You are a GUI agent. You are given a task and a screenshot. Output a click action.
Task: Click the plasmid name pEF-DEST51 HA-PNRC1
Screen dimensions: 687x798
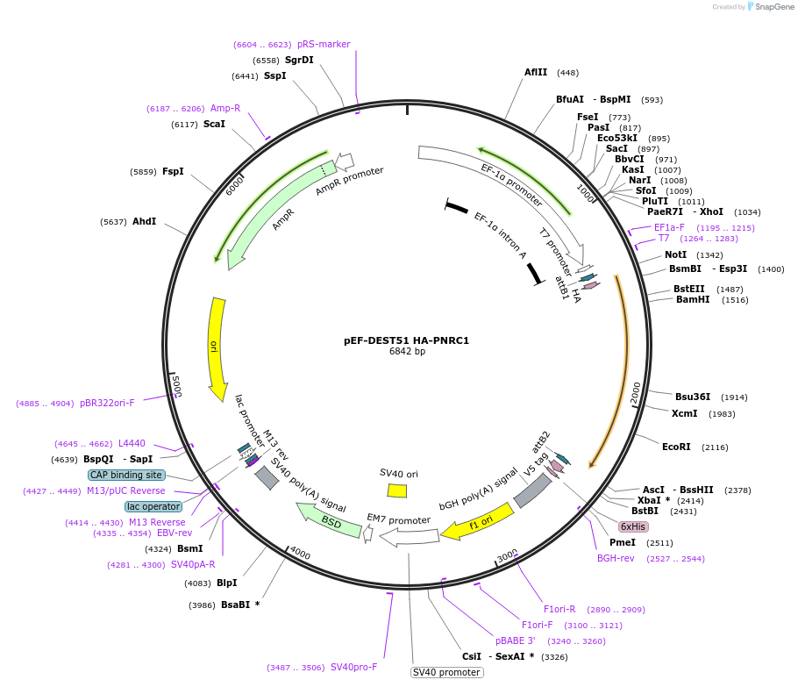pos(407,340)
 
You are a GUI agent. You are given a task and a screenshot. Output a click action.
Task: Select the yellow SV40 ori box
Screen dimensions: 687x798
pos(396,490)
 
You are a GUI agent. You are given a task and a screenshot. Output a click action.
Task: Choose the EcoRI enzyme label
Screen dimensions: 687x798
pos(676,447)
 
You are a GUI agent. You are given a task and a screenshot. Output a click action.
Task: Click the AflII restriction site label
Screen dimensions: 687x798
pos(536,73)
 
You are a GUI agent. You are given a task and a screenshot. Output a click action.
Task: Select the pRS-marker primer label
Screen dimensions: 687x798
pos(324,44)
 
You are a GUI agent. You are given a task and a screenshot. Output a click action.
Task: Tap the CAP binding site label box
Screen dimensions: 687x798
pos(125,475)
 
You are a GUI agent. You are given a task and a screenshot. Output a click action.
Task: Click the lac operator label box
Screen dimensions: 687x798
pos(153,506)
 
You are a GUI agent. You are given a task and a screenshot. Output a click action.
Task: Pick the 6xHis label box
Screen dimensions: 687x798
pos(632,526)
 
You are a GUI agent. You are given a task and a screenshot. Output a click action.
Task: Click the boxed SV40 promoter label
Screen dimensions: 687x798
pos(447,672)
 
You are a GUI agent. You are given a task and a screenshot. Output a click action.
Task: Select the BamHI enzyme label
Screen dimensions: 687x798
pos(693,300)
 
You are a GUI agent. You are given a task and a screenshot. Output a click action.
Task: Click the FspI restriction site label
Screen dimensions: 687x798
pos(173,171)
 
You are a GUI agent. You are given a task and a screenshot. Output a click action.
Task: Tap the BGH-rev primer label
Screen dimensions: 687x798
pos(616,558)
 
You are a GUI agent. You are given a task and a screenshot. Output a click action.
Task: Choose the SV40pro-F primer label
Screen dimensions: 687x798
pos(353,667)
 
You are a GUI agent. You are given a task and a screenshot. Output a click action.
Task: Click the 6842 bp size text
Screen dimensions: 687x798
pos(407,352)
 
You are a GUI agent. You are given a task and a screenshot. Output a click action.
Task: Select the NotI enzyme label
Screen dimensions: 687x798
pos(675,255)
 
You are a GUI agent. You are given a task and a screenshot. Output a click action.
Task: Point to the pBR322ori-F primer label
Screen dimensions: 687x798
pos(107,403)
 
